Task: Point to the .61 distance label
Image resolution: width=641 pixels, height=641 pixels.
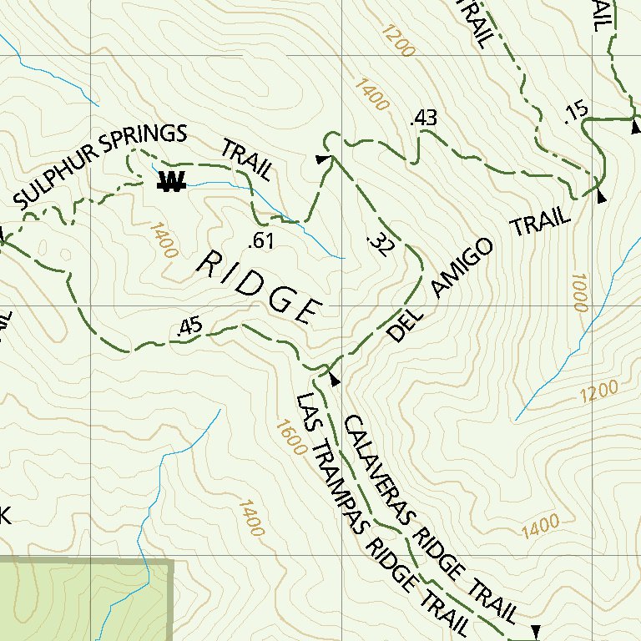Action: point(262,242)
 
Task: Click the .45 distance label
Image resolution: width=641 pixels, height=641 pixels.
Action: point(189,329)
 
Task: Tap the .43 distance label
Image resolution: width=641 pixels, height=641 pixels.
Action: point(424,119)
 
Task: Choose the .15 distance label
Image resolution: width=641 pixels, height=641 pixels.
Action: point(575,112)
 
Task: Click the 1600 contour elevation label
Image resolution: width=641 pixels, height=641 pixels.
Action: point(286,436)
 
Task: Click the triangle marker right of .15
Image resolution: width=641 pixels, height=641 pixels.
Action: point(635,128)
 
